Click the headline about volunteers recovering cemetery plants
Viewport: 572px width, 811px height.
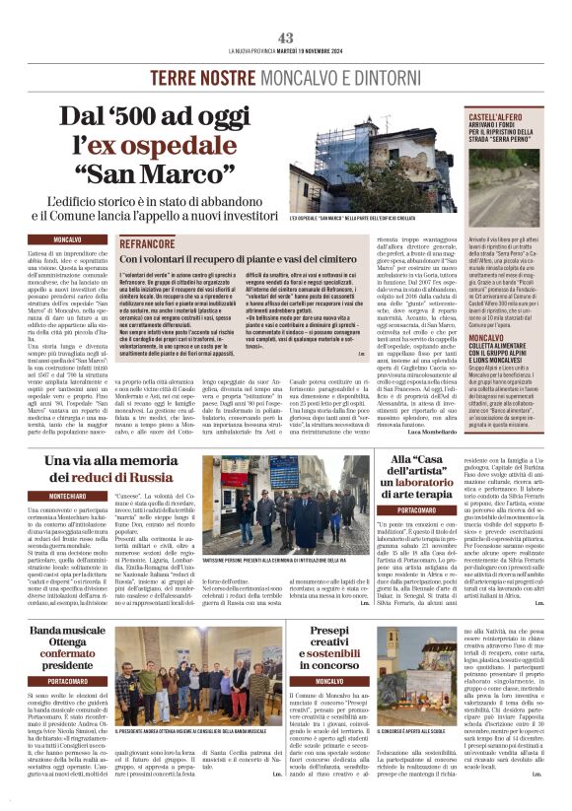[x=246, y=259]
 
